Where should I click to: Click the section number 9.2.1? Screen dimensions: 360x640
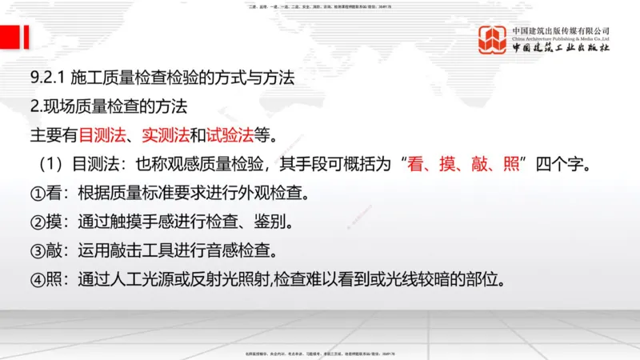tap(47, 78)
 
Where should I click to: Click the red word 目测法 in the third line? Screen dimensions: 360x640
tap(101, 135)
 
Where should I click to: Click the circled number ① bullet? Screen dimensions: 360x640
tap(37, 194)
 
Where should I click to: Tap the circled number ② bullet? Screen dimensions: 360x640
tap(37, 222)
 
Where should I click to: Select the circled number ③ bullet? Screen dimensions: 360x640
tap(37, 251)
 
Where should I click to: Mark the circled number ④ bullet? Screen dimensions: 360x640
tap(37, 280)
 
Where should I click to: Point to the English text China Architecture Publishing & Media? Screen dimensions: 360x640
tap(561, 38)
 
